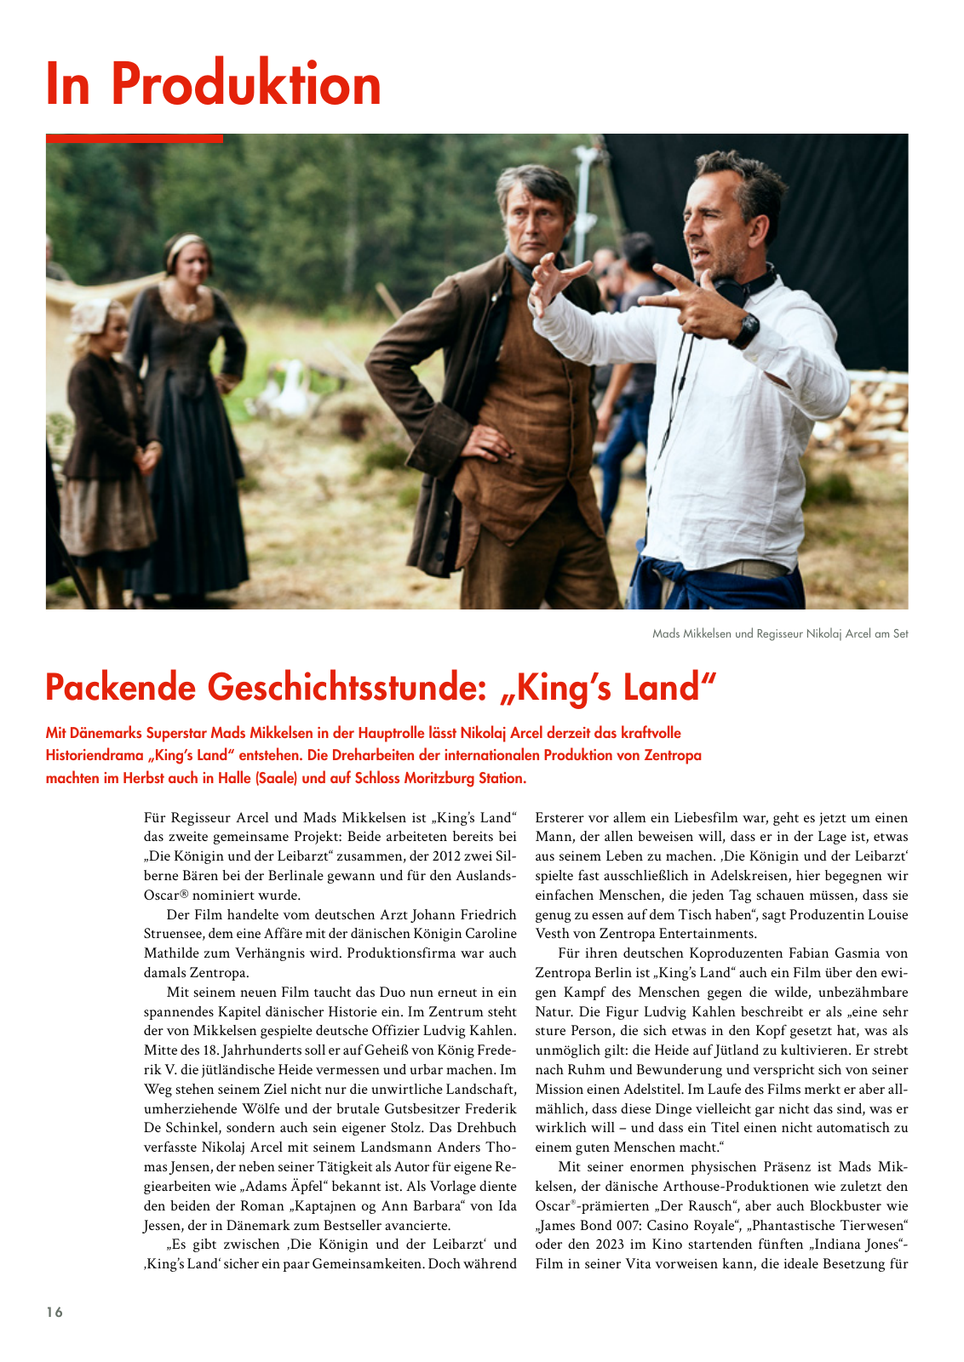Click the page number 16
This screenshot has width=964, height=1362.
55,1312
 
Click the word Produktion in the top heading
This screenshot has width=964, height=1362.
246,85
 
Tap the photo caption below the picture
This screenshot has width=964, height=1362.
779,633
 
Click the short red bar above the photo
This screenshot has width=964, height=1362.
134,138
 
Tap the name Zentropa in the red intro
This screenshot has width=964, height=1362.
673,755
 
